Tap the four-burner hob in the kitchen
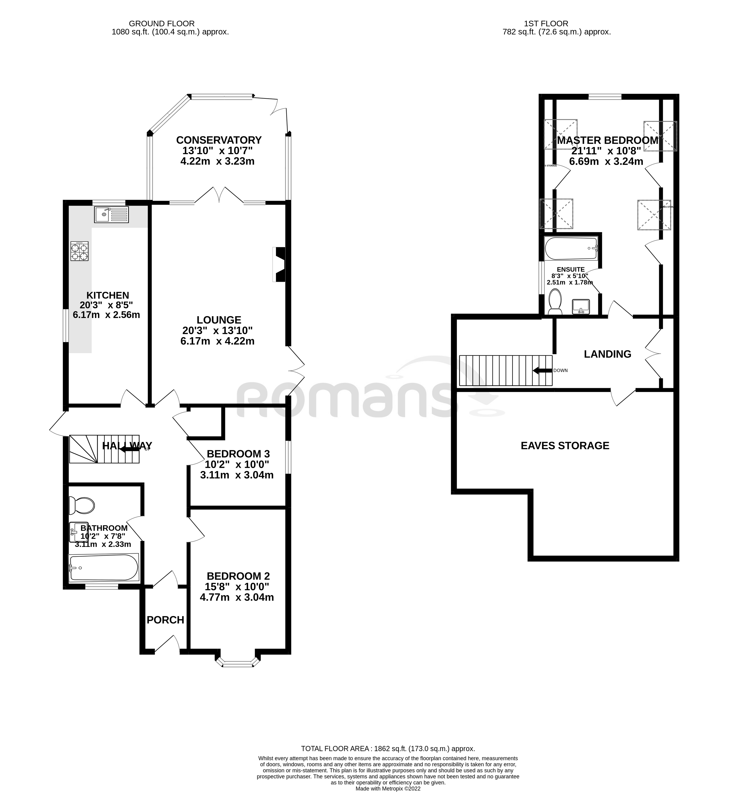(x=79, y=251)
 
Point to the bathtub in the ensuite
(x=571, y=248)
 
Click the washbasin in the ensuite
(x=581, y=306)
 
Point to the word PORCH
(x=165, y=620)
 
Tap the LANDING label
(x=607, y=354)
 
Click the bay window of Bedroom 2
(x=238, y=663)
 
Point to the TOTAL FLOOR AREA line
(x=388, y=748)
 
